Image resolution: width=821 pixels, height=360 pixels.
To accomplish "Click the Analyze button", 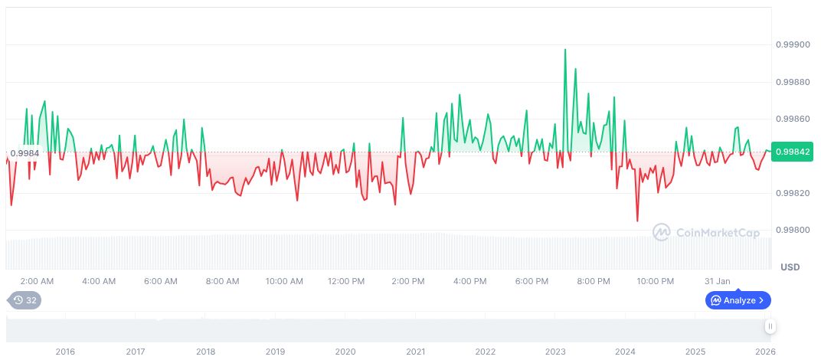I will (x=738, y=300).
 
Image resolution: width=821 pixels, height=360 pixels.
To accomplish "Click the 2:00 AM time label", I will (x=37, y=281).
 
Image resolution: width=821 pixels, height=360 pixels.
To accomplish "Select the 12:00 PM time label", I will (x=346, y=281).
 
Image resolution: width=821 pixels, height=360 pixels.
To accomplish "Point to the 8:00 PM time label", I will (x=594, y=281).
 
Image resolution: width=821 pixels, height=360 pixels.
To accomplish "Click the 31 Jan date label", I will (x=718, y=281).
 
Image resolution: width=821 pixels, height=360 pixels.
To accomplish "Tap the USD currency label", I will (x=790, y=267).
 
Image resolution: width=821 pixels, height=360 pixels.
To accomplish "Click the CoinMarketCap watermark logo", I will (x=706, y=231).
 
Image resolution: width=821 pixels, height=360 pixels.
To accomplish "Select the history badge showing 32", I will (x=25, y=300).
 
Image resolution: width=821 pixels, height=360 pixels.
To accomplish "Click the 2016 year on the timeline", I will (x=65, y=352).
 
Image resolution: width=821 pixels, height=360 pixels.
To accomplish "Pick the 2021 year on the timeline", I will (x=415, y=352).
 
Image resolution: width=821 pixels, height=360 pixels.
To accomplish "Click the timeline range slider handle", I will (x=770, y=326).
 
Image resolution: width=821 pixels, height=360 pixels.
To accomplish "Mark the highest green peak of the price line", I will (x=565, y=50).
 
